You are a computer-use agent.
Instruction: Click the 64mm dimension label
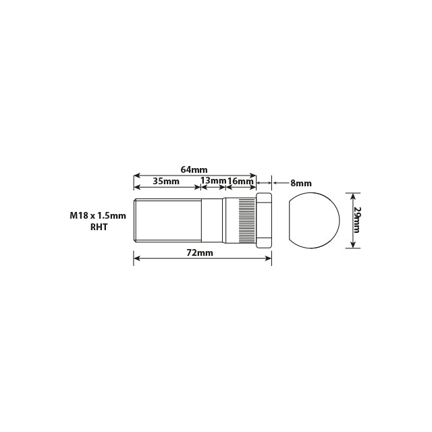click(x=194, y=169)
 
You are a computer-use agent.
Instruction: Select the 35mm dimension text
click(x=166, y=181)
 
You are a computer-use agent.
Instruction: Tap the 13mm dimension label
click(x=213, y=181)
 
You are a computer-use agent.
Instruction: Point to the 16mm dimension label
click(x=241, y=181)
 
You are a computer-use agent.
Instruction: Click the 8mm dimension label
click(x=300, y=183)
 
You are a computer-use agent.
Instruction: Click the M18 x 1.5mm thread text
click(x=98, y=215)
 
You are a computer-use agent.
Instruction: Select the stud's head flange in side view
click(x=264, y=220)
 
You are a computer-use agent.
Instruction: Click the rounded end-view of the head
click(x=313, y=220)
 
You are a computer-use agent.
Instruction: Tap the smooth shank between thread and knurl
click(x=213, y=220)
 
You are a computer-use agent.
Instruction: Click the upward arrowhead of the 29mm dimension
click(x=350, y=195)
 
